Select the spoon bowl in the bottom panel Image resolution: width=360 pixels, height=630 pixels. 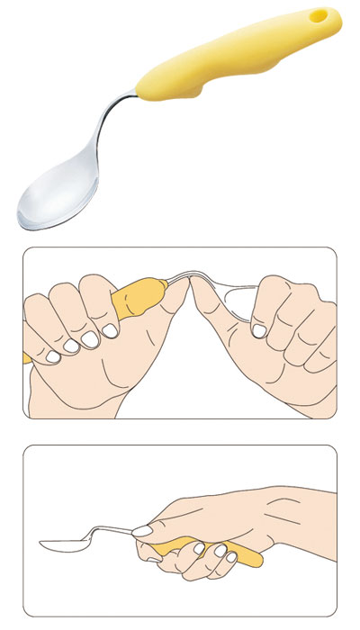(63, 544)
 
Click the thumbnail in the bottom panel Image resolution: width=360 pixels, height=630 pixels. (142, 532)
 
